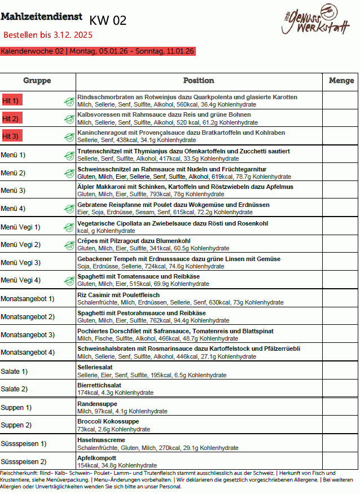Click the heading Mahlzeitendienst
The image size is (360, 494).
tap(41, 17)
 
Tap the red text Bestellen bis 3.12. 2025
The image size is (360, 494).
tap(48, 35)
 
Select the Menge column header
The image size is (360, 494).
tap(341, 81)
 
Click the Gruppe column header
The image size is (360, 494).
tap(37, 81)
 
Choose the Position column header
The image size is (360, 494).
tap(199, 81)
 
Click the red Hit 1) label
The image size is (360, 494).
tap(11, 100)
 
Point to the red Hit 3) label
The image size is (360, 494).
tap(11, 136)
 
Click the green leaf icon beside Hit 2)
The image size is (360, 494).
tap(69, 119)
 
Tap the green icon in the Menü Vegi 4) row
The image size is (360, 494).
tap(69, 280)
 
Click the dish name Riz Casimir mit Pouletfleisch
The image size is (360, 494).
tap(118, 295)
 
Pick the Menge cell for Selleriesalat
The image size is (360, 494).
tap(341, 371)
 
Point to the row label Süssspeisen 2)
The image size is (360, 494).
tap(24, 462)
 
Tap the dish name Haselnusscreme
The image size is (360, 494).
tap(101, 440)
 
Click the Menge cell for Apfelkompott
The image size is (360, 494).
tap(341, 462)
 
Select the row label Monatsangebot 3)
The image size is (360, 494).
tap(28, 335)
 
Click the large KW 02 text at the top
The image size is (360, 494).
tap(108, 21)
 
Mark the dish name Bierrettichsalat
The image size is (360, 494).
tap(99, 385)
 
